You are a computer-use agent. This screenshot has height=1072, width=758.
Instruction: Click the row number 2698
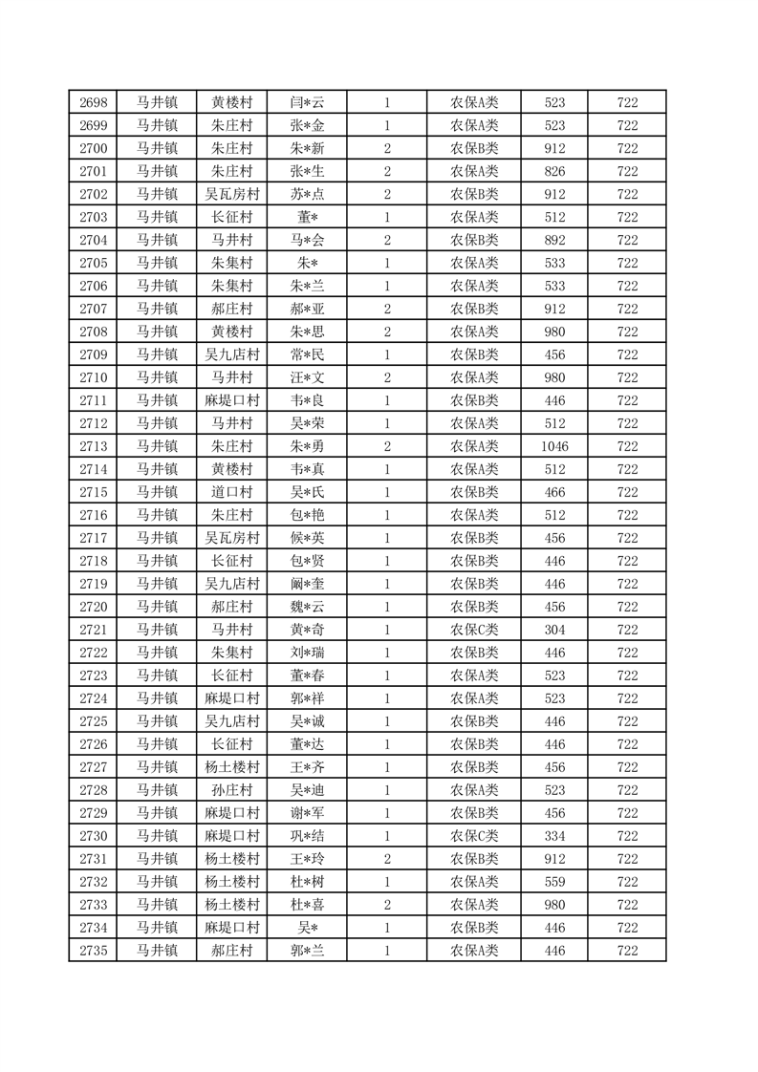[x=93, y=102]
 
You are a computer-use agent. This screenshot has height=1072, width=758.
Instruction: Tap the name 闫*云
[x=308, y=102]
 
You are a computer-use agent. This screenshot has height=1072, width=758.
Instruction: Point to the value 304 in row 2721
[x=554, y=630]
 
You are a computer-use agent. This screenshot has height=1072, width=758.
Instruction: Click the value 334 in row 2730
[x=554, y=836]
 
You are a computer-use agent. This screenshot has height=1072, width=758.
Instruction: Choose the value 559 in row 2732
[x=554, y=882]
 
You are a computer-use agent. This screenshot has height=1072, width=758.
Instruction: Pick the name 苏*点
[x=308, y=194]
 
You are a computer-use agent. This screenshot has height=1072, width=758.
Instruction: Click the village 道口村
[x=232, y=492]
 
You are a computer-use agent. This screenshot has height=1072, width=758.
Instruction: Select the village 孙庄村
[x=232, y=790]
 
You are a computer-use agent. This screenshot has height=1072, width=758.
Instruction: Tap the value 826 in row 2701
[x=554, y=171]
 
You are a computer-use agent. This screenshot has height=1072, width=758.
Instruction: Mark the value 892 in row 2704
[x=554, y=240]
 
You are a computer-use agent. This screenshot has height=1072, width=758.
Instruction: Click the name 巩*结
[x=308, y=836]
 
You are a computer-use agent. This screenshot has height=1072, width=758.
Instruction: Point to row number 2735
[x=93, y=951]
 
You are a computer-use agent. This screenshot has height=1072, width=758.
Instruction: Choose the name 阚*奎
[x=308, y=584]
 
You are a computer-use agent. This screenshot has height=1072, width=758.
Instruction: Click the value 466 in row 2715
[x=554, y=492]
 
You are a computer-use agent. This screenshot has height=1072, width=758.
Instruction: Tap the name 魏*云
[x=308, y=607]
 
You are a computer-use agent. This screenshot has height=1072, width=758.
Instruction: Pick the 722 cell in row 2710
[x=627, y=377]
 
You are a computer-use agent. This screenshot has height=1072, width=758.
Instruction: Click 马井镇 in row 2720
[x=156, y=607]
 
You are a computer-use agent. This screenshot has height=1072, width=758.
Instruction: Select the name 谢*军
[x=308, y=813]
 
